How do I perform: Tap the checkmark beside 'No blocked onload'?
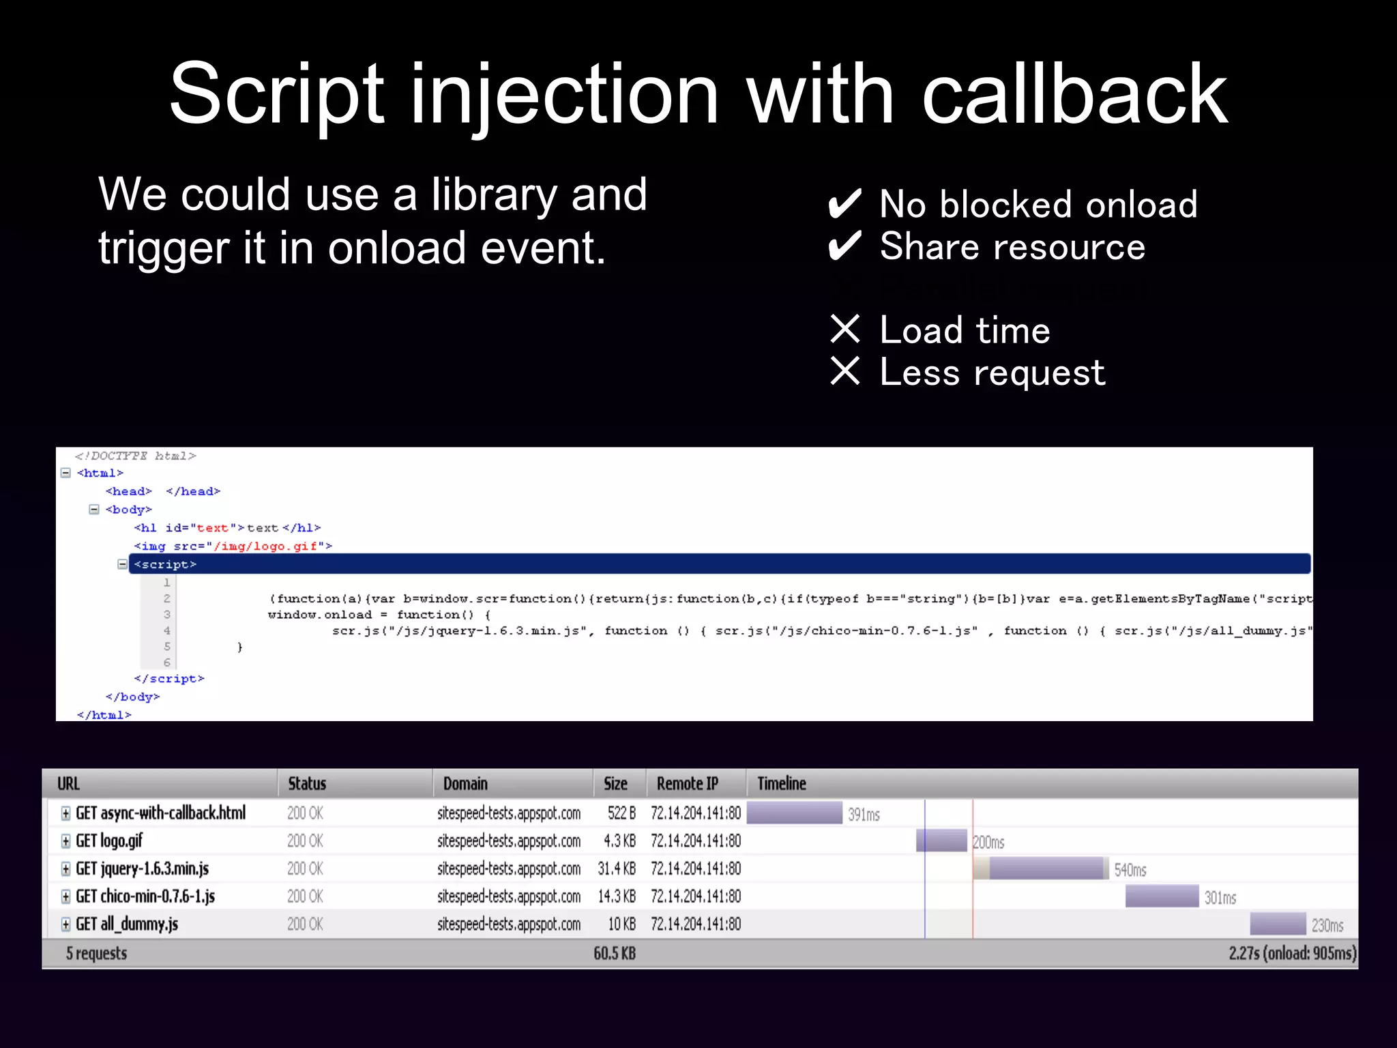(844, 204)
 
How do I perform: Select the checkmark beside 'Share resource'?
(844, 246)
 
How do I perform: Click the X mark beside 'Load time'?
(845, 329)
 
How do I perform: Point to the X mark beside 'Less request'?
(845, 371)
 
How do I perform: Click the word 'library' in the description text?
(495, 196)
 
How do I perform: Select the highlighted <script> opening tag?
(165, 564)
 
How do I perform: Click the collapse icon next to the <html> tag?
(65, 473)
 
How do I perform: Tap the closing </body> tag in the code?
(132, 697)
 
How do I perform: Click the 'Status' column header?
(307, 783)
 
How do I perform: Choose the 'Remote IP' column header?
(687, 783)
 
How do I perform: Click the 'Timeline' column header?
(782, 783)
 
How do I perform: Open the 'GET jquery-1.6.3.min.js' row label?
(142, 869)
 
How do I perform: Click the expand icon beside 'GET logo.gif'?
(65, 841)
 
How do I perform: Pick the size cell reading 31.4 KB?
(617, 869)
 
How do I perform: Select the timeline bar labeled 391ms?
(794, 813)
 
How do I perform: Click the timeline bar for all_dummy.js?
(1277, 924)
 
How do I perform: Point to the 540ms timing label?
(1130, 870)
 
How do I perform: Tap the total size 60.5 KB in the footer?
(615, 953)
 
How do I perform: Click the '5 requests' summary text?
(96, 953)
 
